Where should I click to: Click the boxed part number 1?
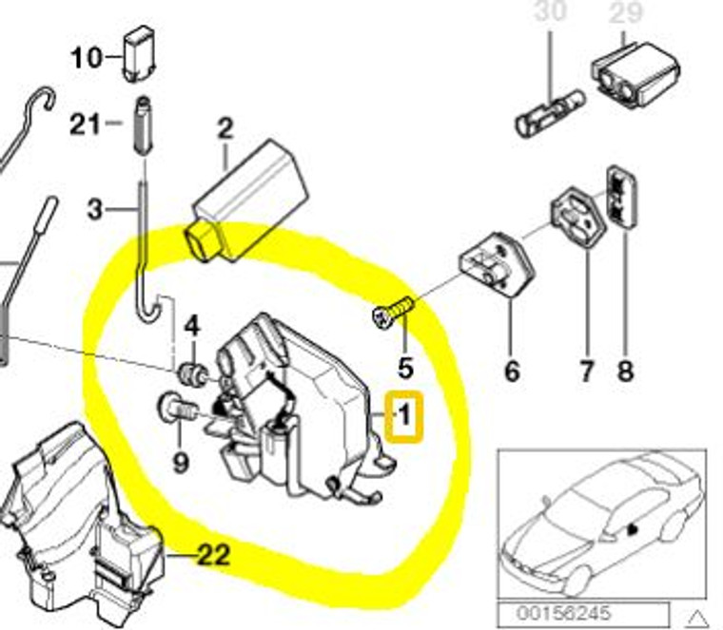pyautogui.click(x=404, y=416)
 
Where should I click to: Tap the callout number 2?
pyautogui.click(x=225, y=128)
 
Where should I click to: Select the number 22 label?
pyautogui.click(x=211, y=555)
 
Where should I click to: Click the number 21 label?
pyautogui.click(x=87, y=124)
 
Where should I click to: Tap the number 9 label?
pyautogui.click(x=181, y=463)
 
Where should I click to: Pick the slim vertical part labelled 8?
pyautogui.click(x=621, y=198)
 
